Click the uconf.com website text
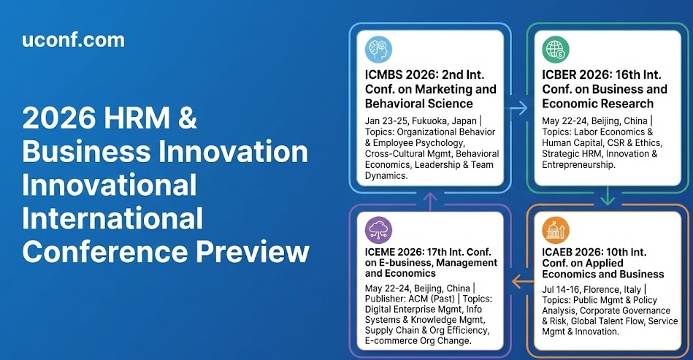click(x=73, y=39)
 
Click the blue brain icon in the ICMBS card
click(x=378, y=49)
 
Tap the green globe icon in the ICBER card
click(x=556, y=49)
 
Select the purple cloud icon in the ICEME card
click(x=378, y=230)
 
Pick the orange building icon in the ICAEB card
click(x=556, y=230)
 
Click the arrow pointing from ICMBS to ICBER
click(x=516, y=108)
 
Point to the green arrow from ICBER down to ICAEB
click(x=608, y=196)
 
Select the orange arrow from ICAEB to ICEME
click(x=523, y=280)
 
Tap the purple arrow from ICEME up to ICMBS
click(x=430, y=202)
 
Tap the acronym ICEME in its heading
click(x=380, y=252)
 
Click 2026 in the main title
click(x=58, y=118)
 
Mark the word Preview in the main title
click(x=253, y=252)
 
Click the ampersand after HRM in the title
click(x=187, y=118)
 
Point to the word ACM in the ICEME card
click(x=418, y=299)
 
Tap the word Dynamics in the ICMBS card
click(x=386, y=176)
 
